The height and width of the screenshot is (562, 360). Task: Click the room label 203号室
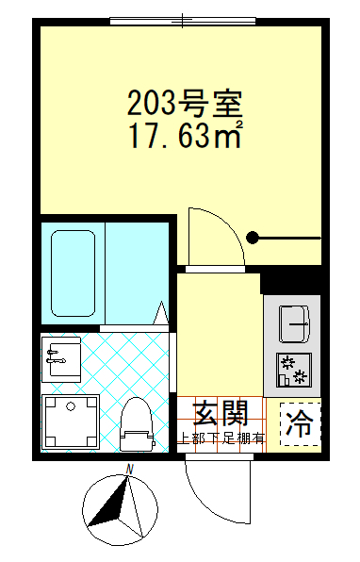pyautogui.click(x=186, y=101)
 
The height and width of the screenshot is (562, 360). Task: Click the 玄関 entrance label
pyautogui.click(x=221, y=413)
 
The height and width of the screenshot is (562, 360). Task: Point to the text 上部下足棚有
pyautogui.click(x=222, y=438)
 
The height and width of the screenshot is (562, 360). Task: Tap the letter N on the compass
pyautogui.click(x=132, y=471)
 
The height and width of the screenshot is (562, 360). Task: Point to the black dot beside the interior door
pyautogui.click(x=252, y=238)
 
